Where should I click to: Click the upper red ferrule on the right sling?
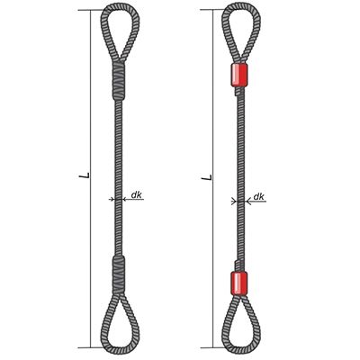tap(239, 76)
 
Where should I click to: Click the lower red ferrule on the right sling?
tap(239, 283)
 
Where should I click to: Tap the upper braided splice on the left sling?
tap(119, 81)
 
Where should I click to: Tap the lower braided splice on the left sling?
tap(119, 274)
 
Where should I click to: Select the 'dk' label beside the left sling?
tap(137, 195)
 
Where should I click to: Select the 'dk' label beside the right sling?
tap(258, 196)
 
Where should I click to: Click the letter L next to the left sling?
tap(85, 175)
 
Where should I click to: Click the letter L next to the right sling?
tap(207, 177)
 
